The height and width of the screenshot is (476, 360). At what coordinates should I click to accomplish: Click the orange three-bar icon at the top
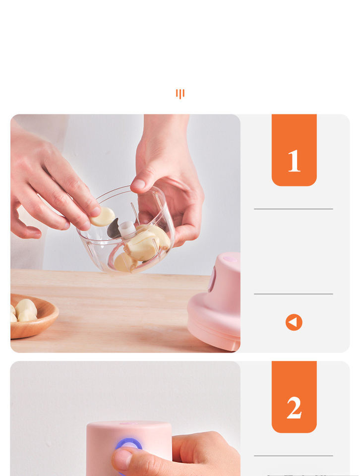180,94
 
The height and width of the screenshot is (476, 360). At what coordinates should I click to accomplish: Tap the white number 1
294,161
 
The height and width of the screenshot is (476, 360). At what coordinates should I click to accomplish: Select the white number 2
294,408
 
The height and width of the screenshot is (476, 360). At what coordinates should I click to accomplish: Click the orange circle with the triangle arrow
294,322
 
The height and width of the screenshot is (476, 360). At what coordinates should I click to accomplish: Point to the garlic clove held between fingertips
103,217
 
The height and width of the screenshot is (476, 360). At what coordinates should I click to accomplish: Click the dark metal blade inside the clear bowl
114,229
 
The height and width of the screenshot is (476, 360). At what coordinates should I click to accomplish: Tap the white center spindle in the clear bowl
127,229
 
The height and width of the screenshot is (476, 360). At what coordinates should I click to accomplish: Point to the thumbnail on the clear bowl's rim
139,183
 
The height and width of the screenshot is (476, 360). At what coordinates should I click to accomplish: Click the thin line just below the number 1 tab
293,209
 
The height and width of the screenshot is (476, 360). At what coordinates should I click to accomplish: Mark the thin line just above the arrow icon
293,294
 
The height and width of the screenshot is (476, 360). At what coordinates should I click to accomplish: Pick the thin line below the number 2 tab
293,456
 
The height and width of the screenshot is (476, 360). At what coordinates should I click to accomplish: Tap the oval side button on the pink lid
212,279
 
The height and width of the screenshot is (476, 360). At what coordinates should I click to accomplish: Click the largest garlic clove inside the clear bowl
142,246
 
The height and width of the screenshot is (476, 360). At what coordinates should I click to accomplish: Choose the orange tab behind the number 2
294,397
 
